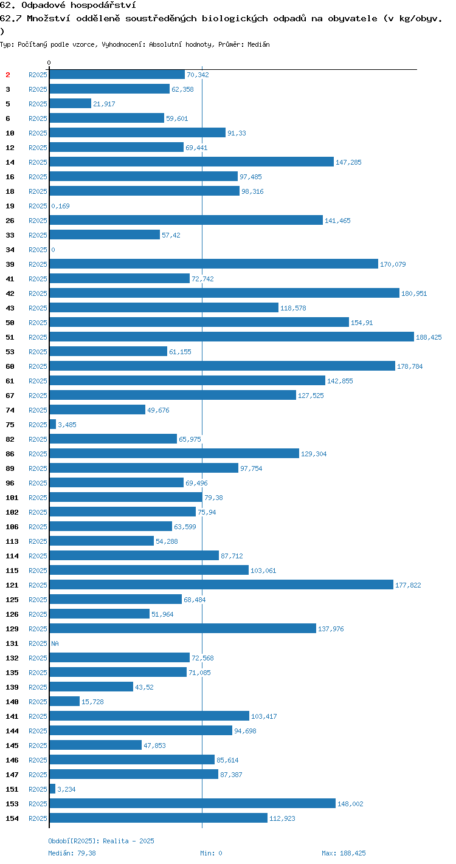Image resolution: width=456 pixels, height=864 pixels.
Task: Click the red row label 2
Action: coord(8,75)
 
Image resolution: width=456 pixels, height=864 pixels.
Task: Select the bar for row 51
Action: coord(232,337)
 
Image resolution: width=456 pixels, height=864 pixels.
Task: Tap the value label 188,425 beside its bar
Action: coord(429,337)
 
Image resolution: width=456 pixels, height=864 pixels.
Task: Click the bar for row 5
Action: coord(71,103)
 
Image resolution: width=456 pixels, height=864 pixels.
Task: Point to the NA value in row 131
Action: coord(55,643)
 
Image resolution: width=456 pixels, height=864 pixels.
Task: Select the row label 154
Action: coord(12,818)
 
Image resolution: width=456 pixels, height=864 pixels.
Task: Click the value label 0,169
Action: coord(61,206)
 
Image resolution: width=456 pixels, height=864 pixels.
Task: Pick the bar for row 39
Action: coord(214,264)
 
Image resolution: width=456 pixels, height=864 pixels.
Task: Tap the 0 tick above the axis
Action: coord(49,63)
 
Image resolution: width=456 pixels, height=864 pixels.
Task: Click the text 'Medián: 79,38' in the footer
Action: coord(72,853)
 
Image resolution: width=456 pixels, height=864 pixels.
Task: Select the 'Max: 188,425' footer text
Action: coord(344,853)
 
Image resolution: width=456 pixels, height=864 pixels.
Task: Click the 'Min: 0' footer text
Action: coord(211,853)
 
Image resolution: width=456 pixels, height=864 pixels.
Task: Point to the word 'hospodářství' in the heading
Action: coord(103,5)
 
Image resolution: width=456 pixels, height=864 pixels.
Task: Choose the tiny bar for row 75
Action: coord(53,424)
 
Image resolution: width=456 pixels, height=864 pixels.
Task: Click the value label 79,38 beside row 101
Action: coord(213,498)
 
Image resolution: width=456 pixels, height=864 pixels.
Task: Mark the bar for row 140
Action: coord(64,701)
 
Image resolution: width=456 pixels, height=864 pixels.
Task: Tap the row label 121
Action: coord(12,585)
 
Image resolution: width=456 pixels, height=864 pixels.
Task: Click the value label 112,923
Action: coord(282,818)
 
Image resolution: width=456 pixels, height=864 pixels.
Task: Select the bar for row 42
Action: coord(224,293)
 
